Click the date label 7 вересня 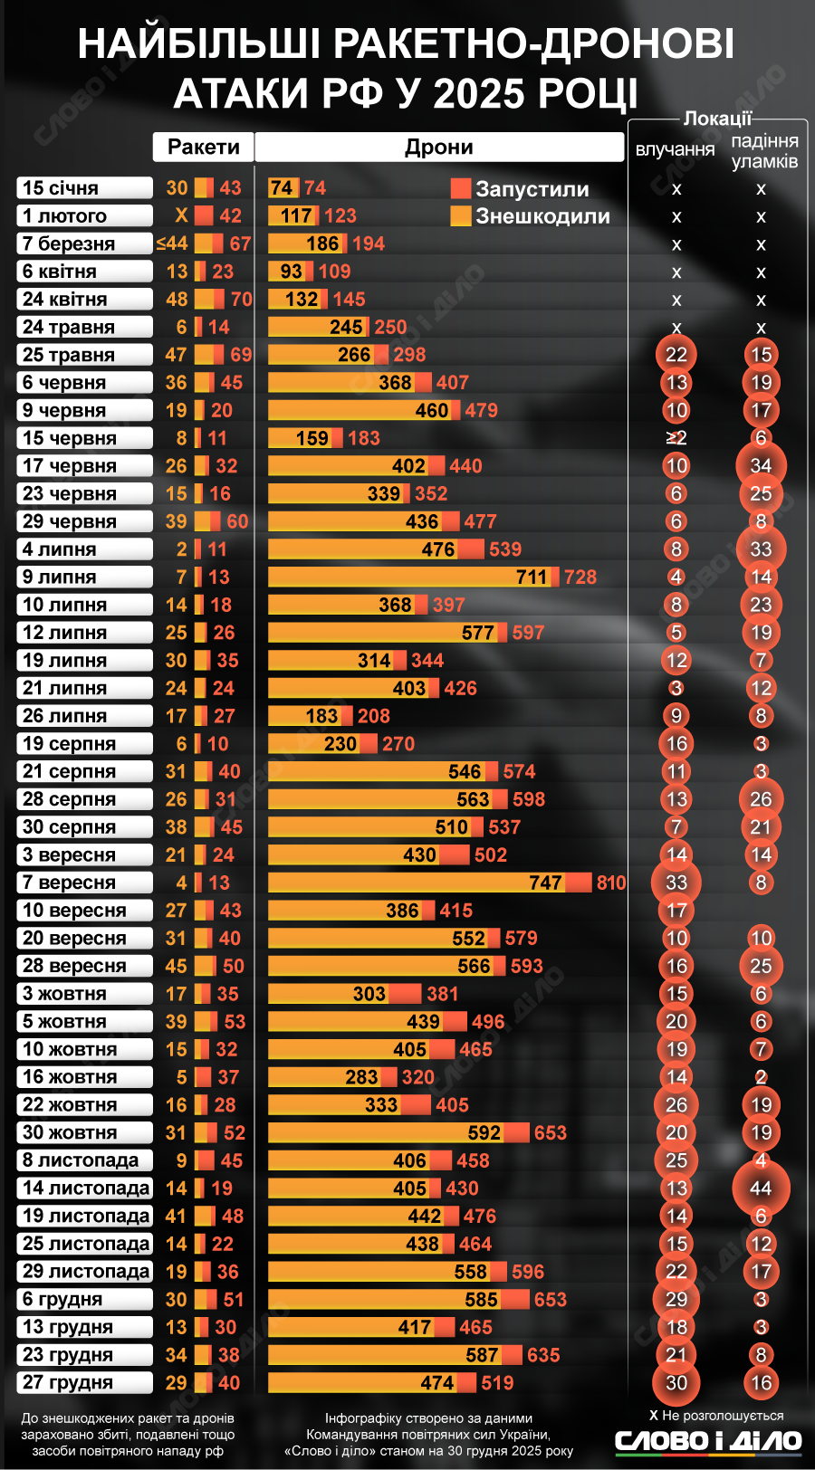tap(84, 883)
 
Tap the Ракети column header tap(204, 147)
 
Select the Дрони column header tap(439, 147)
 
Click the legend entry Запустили tap(521, 189)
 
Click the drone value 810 tap(611, 883)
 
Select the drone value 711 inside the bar tap(532, 577)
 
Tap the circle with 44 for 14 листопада tap(761, 1188)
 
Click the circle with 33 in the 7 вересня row tap(676, 883)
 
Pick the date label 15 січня tap(84, 188)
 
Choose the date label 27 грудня tap(84, 1383)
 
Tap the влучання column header tap(676, 149)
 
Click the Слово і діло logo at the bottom tap(708, 1441)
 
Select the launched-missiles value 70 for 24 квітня tap(241, 300)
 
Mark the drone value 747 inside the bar tap(546, 883)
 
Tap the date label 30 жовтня tap(84, 1132)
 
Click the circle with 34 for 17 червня tap(761, 466)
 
